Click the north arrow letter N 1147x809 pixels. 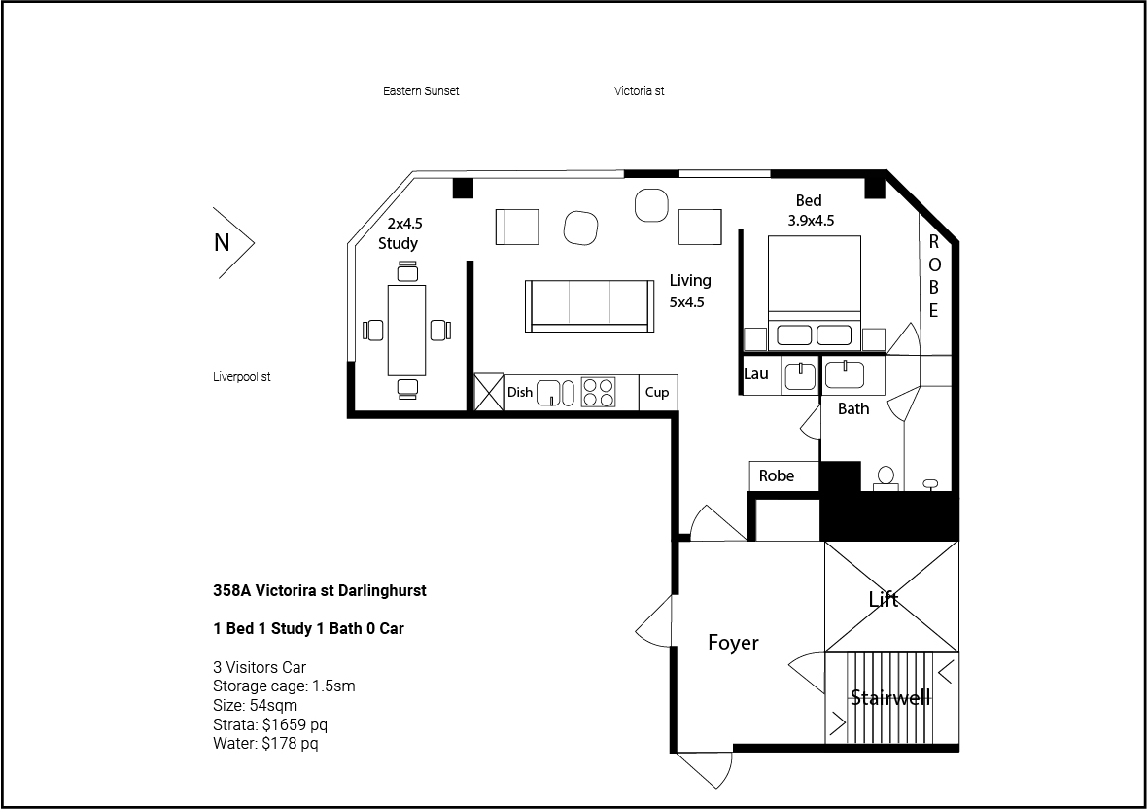222,242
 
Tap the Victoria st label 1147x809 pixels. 640,91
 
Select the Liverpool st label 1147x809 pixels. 241,377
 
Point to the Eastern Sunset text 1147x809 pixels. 421,91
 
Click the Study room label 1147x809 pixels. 398,244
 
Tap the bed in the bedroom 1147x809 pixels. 815,291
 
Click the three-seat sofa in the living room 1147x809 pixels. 589,306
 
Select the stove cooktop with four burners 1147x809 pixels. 599,392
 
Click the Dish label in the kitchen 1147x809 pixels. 520,392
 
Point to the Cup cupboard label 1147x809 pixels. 657,392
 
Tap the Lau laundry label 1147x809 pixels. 755,373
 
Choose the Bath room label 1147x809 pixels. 853,409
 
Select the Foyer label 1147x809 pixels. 733,642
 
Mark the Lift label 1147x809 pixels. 883,600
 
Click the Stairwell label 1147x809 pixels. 890,698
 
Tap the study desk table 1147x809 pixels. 406,330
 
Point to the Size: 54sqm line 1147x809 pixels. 256,706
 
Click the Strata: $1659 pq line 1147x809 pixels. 270,724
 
